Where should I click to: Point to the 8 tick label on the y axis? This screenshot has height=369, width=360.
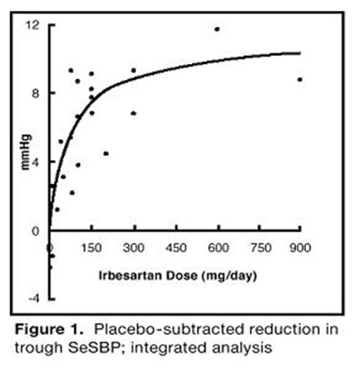(x=34, y=92)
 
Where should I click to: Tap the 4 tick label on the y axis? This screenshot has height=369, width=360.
(x=34, y=161)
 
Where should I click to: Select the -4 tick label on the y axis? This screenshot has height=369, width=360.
(x=32, y=297)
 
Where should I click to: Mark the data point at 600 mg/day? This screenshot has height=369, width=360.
(x=217, y=30)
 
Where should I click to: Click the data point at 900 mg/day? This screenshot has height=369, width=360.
(x=300, y=79)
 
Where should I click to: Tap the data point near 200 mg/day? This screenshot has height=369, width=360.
(x=105, y=153)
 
